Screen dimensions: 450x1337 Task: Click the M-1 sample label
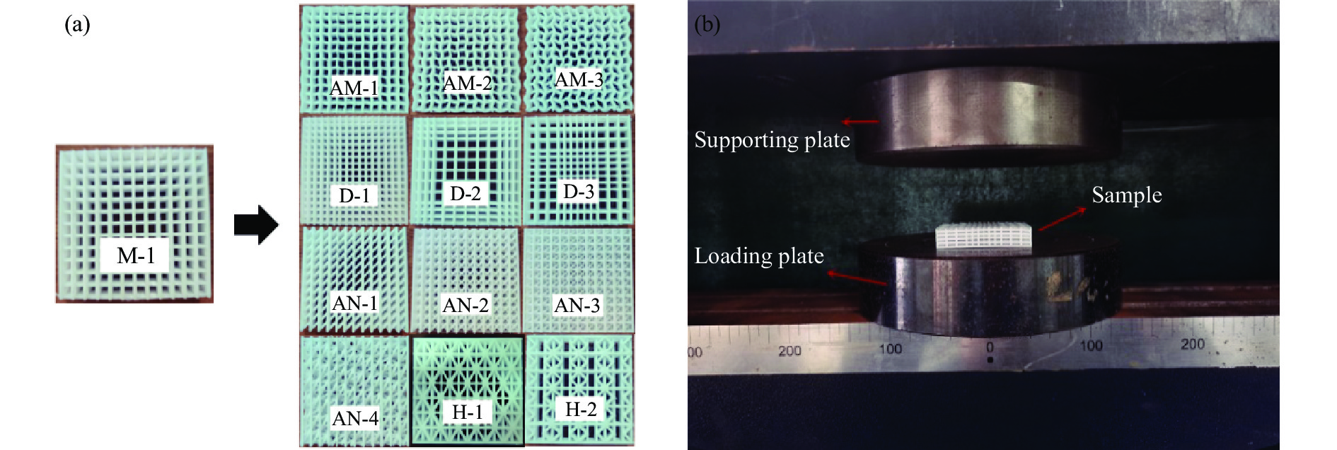[135, 255]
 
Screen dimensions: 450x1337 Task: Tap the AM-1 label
[354, 88]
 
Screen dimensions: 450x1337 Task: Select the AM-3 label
[579, 79]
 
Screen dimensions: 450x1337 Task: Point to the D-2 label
[465, 192]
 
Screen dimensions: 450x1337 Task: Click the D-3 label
[579, 191]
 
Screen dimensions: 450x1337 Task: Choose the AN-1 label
[354, 304]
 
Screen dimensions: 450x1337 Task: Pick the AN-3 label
[577, 305]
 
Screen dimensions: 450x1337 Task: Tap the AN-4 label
[355, 418]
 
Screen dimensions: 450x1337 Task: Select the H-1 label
[467, 412]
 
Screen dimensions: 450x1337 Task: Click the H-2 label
[581, 409]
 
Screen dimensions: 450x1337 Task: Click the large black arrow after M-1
[256, 225]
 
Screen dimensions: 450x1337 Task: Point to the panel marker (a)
[77, 25]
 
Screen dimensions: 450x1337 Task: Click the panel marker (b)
[707, 25]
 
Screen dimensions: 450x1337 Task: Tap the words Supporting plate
[772, 139]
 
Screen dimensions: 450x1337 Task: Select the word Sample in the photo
[1126, 195]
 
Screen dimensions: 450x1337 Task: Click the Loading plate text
[759, 255]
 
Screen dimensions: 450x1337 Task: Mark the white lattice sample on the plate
[984, 238]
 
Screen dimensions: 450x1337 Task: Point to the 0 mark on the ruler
[990, 347]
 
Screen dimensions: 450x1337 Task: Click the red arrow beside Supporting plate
[859, 122]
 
